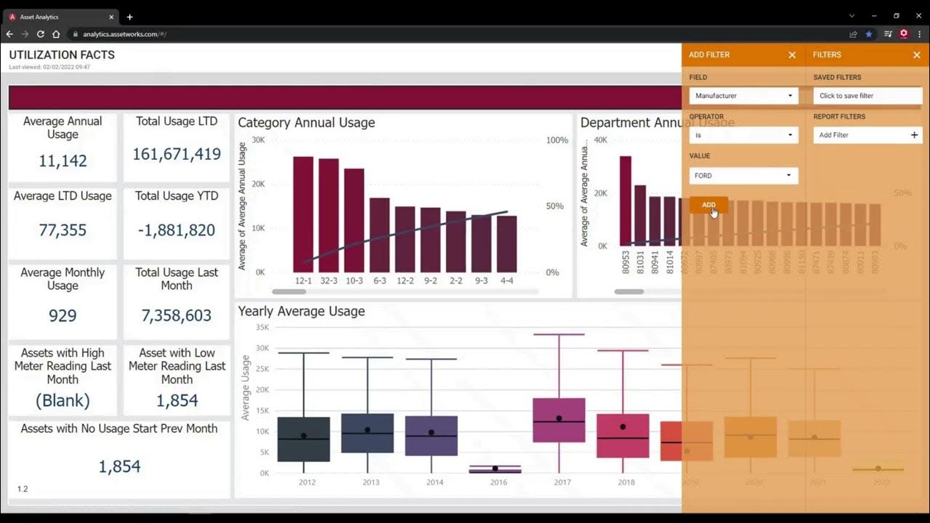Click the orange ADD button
[708, 205]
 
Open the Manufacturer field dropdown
[743, 96]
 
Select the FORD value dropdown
[743, 176]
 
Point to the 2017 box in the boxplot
[559, 420]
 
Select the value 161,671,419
[177, 154]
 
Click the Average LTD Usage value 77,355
[62, 230]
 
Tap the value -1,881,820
[177, 230]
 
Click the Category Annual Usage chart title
[306, 123]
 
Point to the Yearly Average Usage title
[301, 312]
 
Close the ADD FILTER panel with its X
[792, 55]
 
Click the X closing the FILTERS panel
[916, 55]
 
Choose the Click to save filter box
[868, 96]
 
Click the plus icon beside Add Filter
[914, 135]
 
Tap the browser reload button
[41, 34]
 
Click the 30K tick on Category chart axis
[258, 140]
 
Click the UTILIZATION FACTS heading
[62, 55]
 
